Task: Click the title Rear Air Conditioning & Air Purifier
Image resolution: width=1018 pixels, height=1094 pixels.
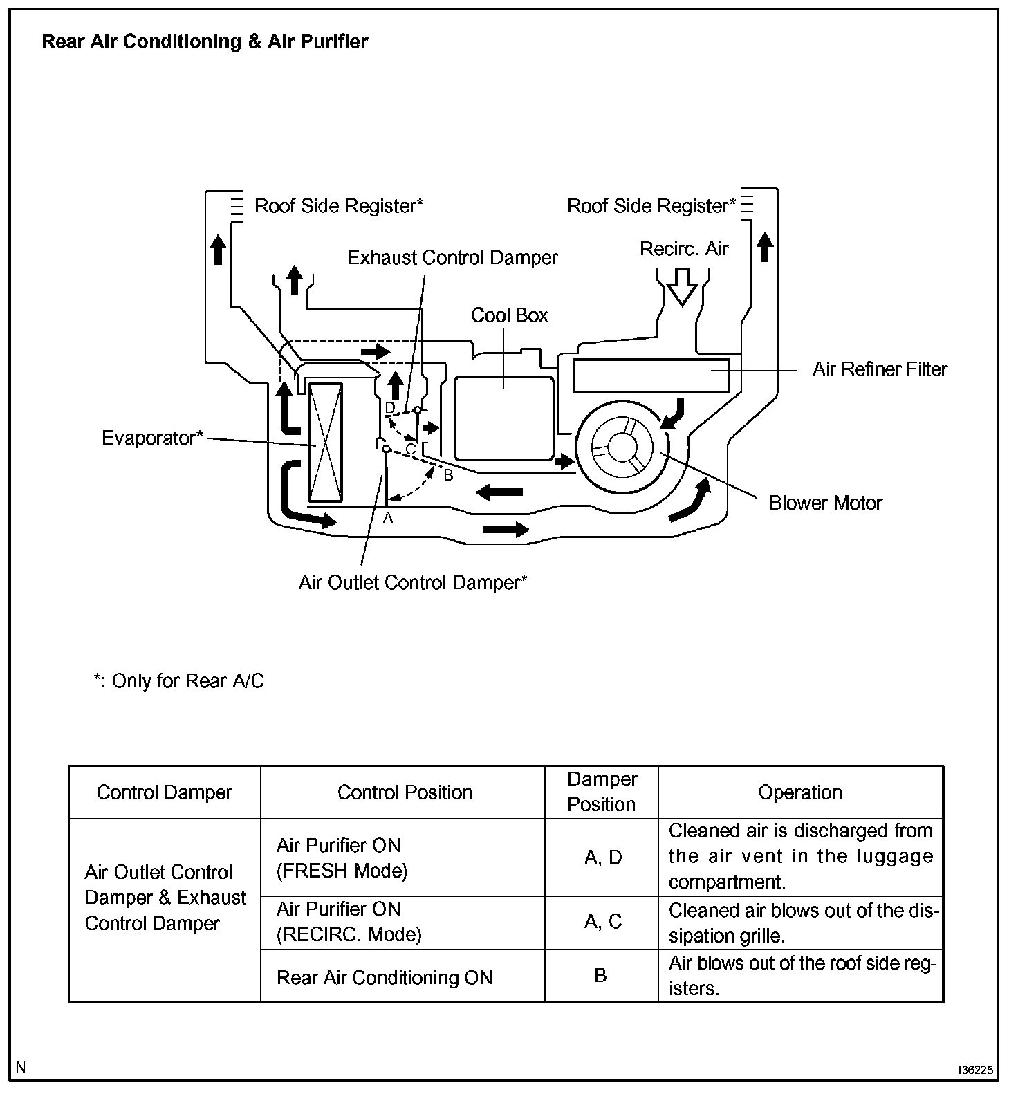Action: point(205,41)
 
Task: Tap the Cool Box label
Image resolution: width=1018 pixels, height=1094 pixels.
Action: point(509,315)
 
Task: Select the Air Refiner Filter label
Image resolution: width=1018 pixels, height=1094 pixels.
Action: point(879,369)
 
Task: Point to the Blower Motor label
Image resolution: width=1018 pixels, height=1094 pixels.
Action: point(825,503)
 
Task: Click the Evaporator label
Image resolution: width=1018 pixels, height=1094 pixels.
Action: point(152,438)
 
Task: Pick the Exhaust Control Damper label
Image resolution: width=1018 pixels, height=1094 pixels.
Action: point(452,258)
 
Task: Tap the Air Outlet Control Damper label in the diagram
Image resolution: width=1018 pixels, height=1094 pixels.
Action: point(413,583)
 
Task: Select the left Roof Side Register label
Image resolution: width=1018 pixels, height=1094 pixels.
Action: point(339,206)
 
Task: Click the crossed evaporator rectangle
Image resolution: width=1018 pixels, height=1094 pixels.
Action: point(325,442)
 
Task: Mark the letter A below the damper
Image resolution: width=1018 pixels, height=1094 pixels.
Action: point(388,518)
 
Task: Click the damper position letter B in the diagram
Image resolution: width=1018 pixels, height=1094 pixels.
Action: point(448,476)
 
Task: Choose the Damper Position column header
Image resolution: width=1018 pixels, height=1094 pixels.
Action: point(601,792)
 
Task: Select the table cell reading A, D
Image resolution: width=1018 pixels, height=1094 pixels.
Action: point(603,857)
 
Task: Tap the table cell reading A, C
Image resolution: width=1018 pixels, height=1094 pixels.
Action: point(603,922)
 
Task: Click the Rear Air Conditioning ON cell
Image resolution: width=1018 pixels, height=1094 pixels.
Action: point(385,977)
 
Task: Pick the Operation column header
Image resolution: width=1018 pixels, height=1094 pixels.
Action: point(800,792)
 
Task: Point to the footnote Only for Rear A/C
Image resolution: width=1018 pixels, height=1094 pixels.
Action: point(179,681)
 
